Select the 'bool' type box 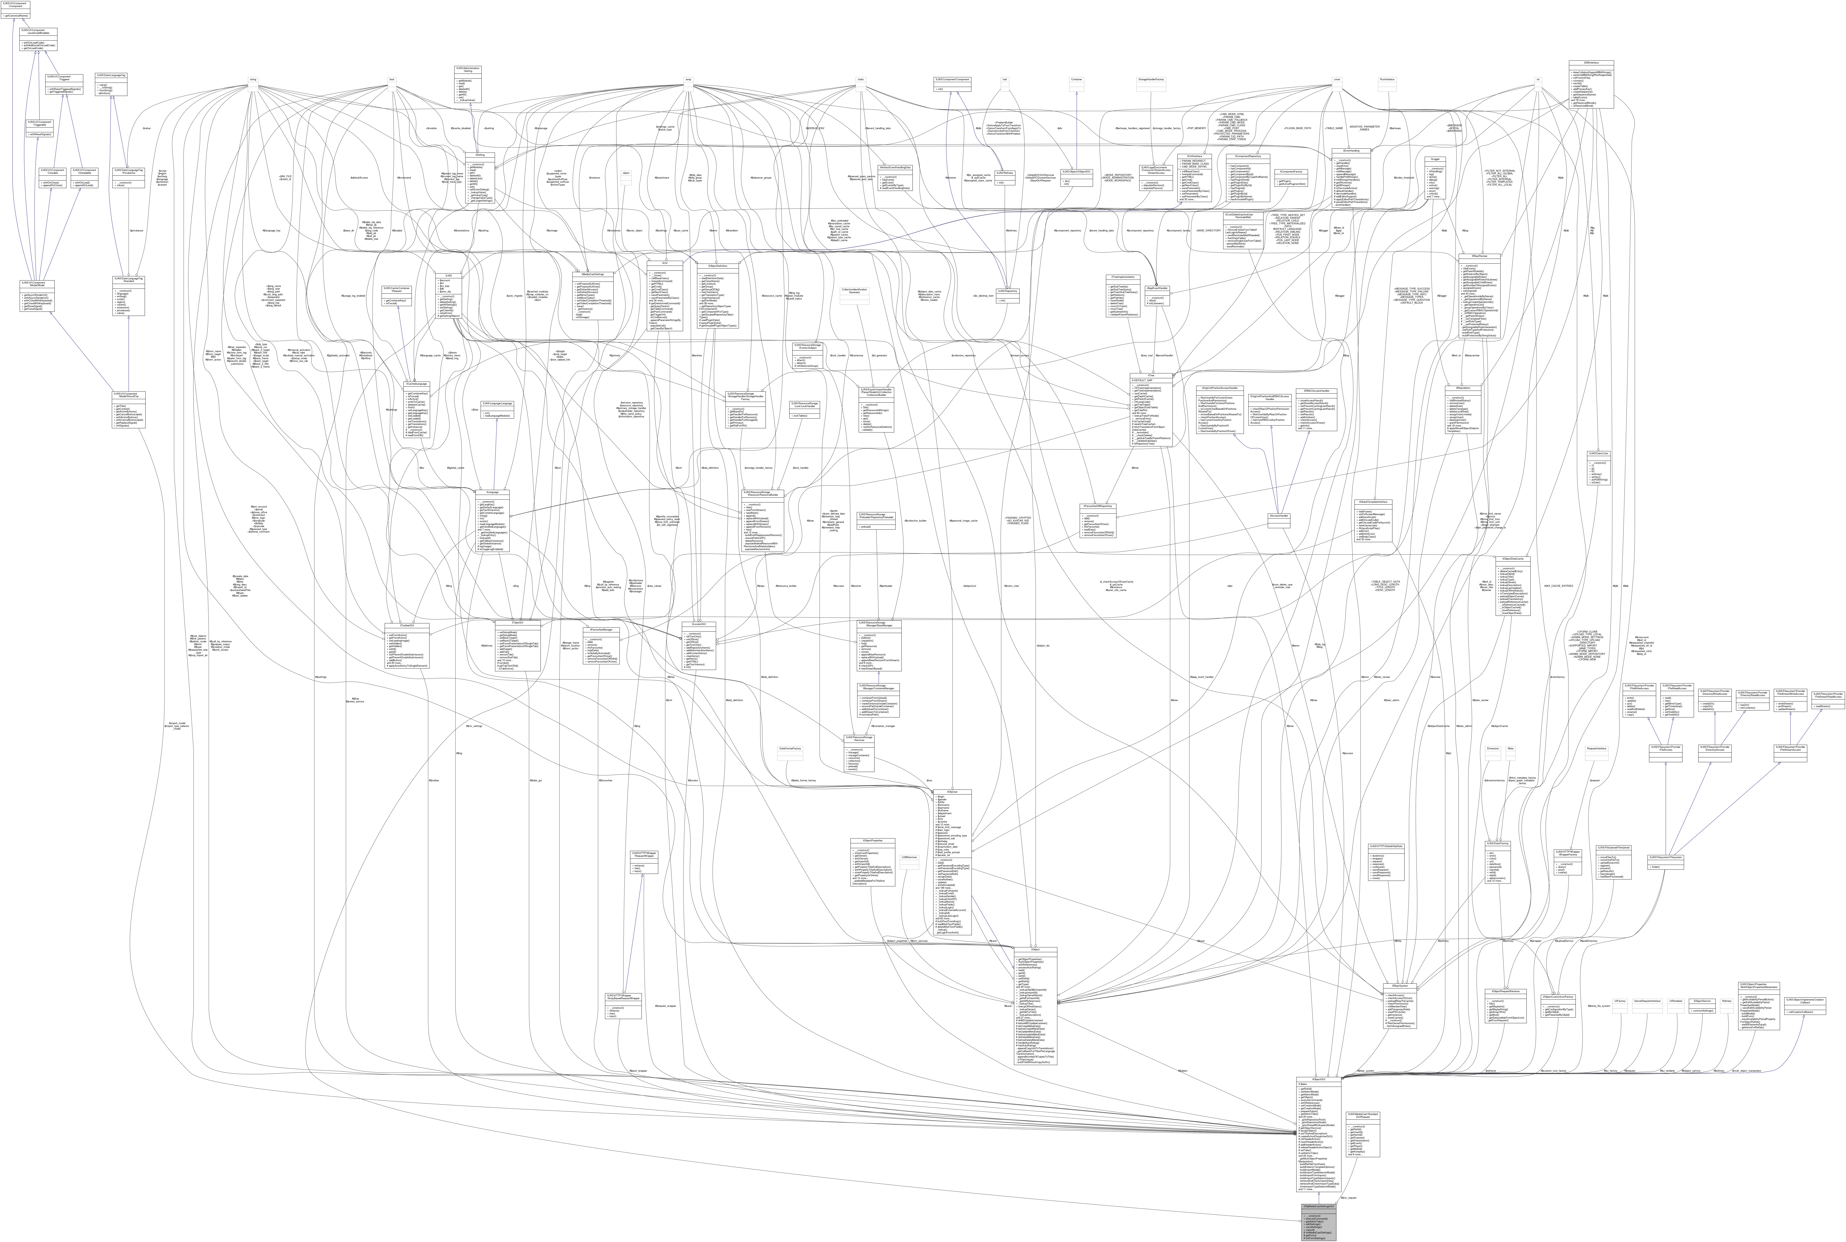point(391,78)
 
